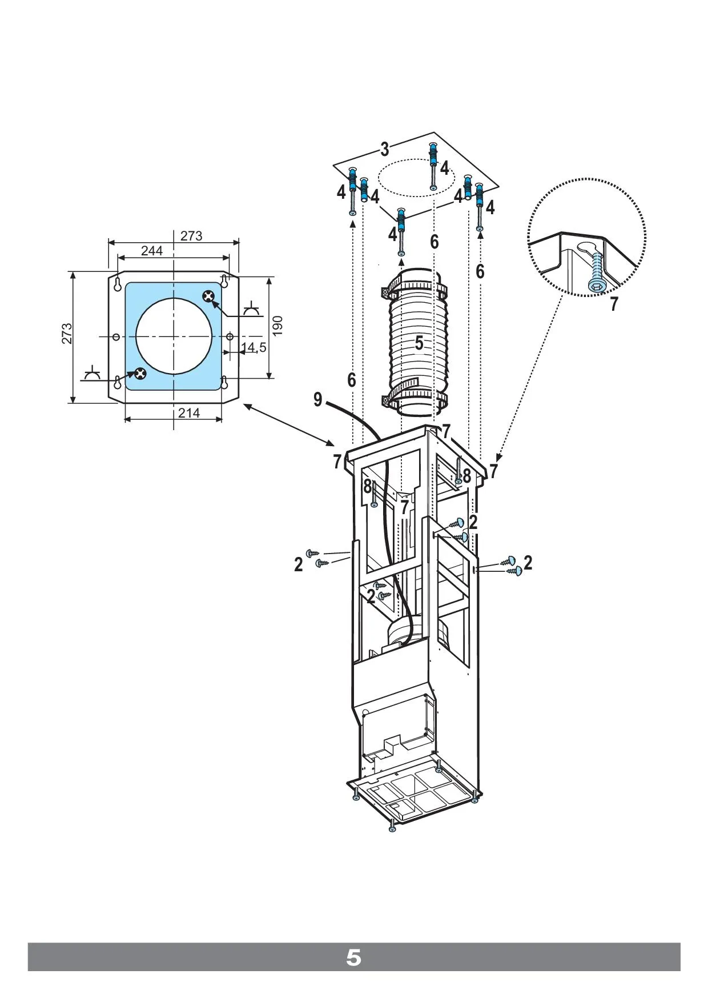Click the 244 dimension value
pos(152,251)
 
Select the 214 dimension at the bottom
pos(189,412)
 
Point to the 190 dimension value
pos(277,326)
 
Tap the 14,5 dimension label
pos(254,347)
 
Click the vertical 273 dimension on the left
pos(67,334)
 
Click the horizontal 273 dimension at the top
pos(191,236)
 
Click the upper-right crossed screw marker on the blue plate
pos(209,296)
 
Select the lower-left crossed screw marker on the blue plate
pos(139,374)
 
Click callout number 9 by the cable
pos(318,399)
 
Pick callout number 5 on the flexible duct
pos(419,343)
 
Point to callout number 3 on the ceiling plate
pos(385,150)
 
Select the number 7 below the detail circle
pos(614,304)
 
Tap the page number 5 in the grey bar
pos(353,957)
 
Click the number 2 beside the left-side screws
pos(299,564)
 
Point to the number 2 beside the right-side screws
pos(528,563)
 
